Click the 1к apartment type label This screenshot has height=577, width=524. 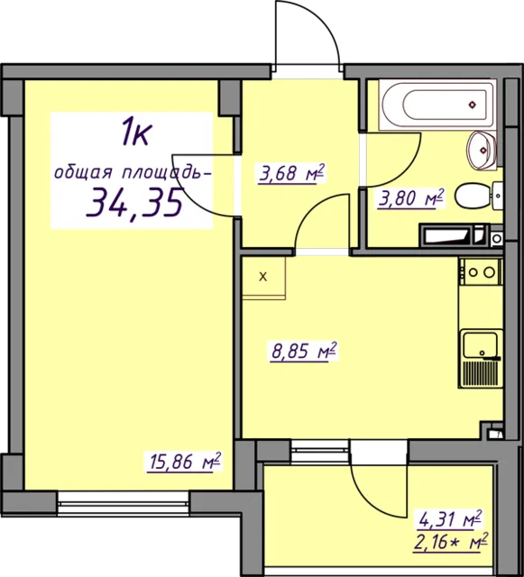pyautogui.click(x=136, y=133)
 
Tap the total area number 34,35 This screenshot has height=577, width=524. pyautogui.click(x=134, y=201)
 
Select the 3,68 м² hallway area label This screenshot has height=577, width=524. pyautogui.click(x=291, y=173)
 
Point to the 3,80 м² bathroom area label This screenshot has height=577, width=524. pyautogui.click(x=410, y=198)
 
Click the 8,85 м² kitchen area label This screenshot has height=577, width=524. pyautogui.click(x=303, y=352)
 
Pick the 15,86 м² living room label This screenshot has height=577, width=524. pyautogui.click(x=184, y=462)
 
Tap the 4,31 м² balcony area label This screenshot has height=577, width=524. pyautogui.click(x=449, y=519)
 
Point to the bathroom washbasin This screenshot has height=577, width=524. pyautogui.click(x=482, y=151)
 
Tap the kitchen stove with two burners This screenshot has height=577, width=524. pyautogui.click(x=481, y=272)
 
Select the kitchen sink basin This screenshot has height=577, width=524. pyautogui.click(x=480, y=344)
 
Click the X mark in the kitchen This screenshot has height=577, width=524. pyautogui.click(x=263, y=277)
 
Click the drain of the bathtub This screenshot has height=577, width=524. pyautogui.click(x=473, y=105)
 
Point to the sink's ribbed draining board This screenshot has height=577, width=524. pyautogui.click(x=480, y=372)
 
